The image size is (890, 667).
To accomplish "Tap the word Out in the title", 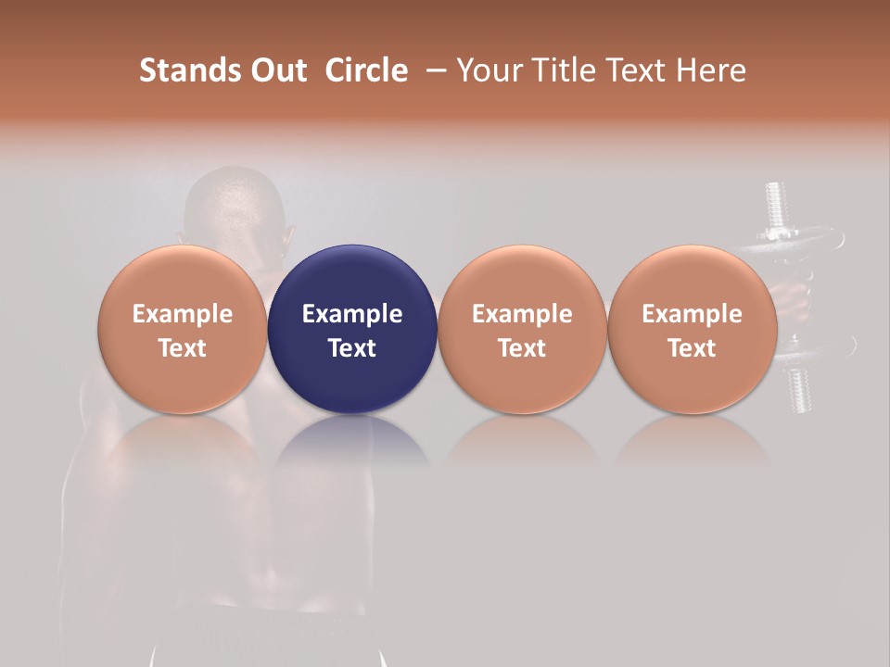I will (x=277, y=70).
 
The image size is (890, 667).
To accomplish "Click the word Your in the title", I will (x=489, y=70).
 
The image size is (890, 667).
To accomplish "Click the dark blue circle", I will (x=352, y=278).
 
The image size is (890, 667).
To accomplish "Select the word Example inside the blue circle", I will (x=352, y=314).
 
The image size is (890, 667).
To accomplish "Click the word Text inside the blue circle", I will (x=352, y=348).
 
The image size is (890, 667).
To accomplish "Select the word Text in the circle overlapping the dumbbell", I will (x=693, y=348).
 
